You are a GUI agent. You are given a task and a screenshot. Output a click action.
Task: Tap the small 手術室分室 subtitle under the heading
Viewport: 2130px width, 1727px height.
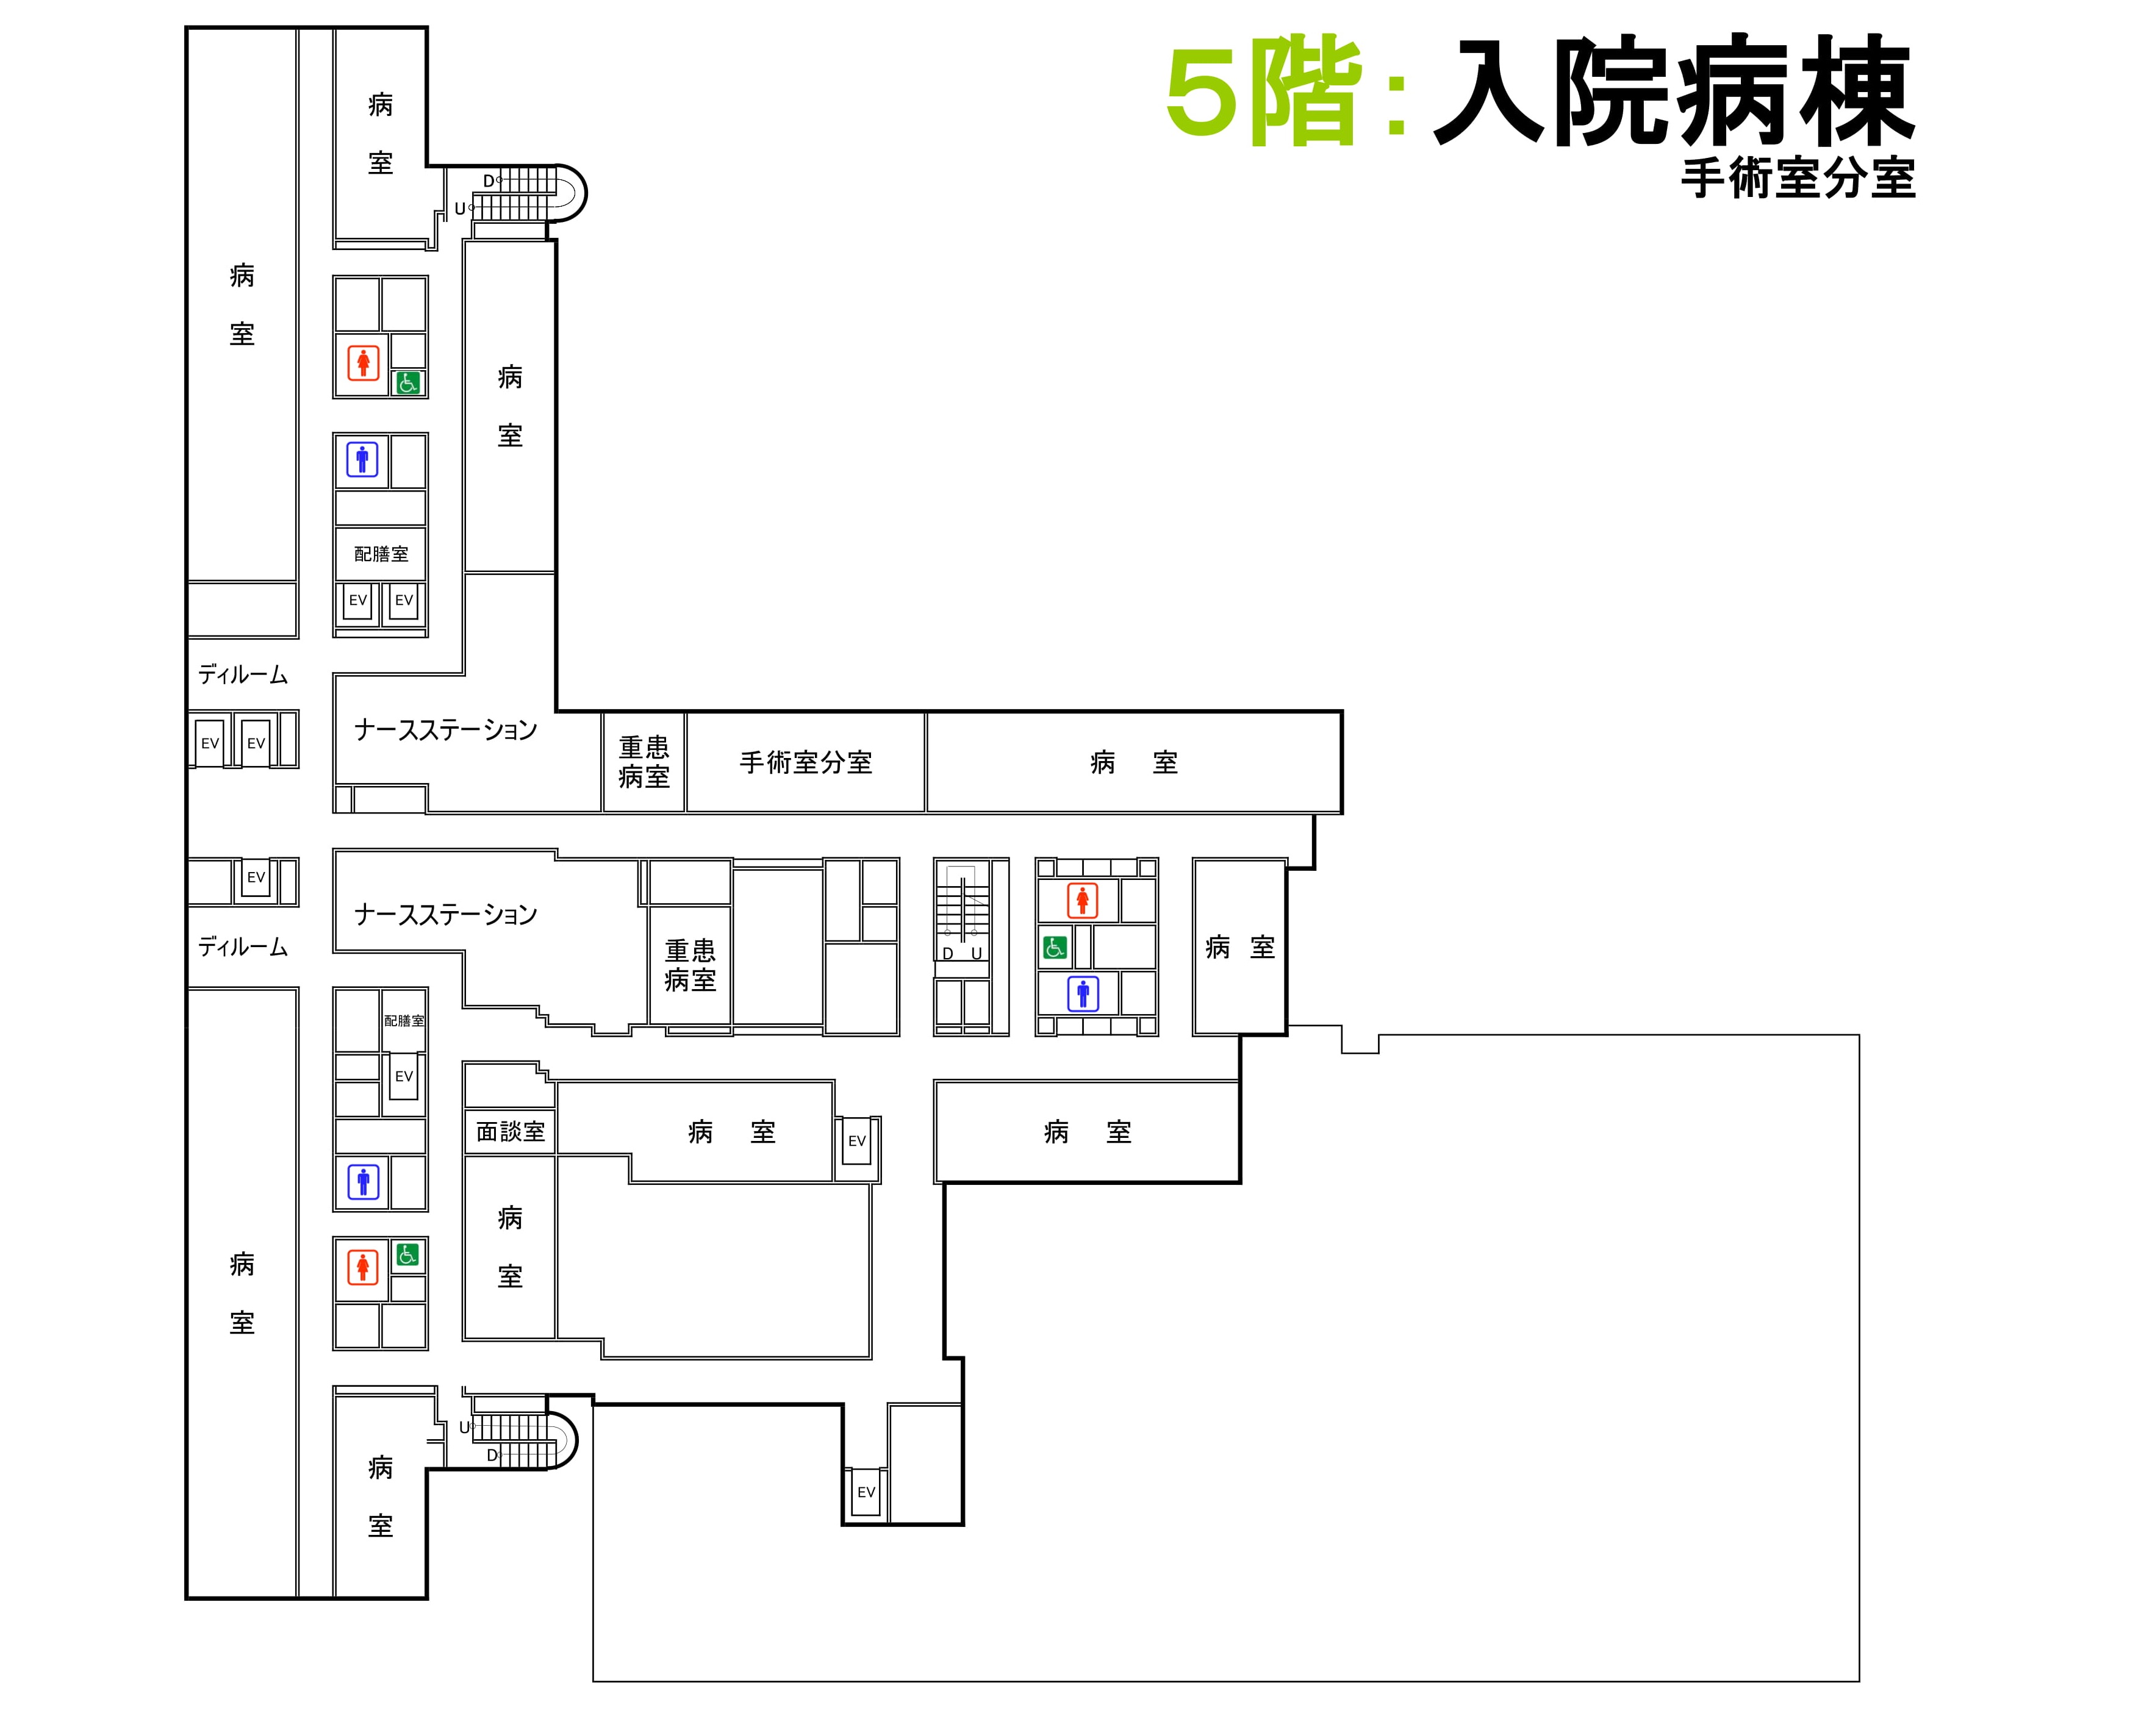pyautogui.click(x=1799, y=179)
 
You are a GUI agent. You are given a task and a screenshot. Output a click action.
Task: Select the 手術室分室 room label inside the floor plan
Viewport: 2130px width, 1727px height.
pyautogui.click(x=806, y=763)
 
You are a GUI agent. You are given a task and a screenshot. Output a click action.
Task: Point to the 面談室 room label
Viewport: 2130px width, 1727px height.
pyautogui.click(x=511, y=1132)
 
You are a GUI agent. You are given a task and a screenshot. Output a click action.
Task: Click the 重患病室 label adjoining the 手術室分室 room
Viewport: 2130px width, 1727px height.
pyautogui.click(x=644, y=762)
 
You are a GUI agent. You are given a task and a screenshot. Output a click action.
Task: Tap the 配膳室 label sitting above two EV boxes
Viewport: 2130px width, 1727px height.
pyautogui.click(x=381, y=554)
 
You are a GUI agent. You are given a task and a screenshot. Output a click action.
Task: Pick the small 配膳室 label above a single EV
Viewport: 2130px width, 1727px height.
pyautogui.click(x=404, y=1021)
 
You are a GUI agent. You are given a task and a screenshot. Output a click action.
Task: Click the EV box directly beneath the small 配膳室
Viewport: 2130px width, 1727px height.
pyautogui.click(x=404, y=1076)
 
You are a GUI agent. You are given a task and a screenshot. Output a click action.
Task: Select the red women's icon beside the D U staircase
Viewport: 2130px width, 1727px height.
pyautogui.click(x=1083, y=900)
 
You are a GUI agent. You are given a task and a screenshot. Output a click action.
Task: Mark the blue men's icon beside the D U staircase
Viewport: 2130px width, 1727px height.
pyautogui.click(x=1083, y=993)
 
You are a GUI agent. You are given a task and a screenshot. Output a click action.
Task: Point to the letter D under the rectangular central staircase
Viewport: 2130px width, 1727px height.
pyautogui.click(x=948, y=953)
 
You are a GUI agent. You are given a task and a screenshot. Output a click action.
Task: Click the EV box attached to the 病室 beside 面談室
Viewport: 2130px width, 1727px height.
pyautogui.click(x=858, y=1141)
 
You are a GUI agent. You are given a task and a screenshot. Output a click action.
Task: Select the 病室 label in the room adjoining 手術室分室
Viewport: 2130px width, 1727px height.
pyautogui.click(x=1134, y=763)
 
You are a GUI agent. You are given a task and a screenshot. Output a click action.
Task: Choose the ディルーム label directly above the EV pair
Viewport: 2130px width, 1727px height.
pyautogui.click(x=243, y=674)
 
